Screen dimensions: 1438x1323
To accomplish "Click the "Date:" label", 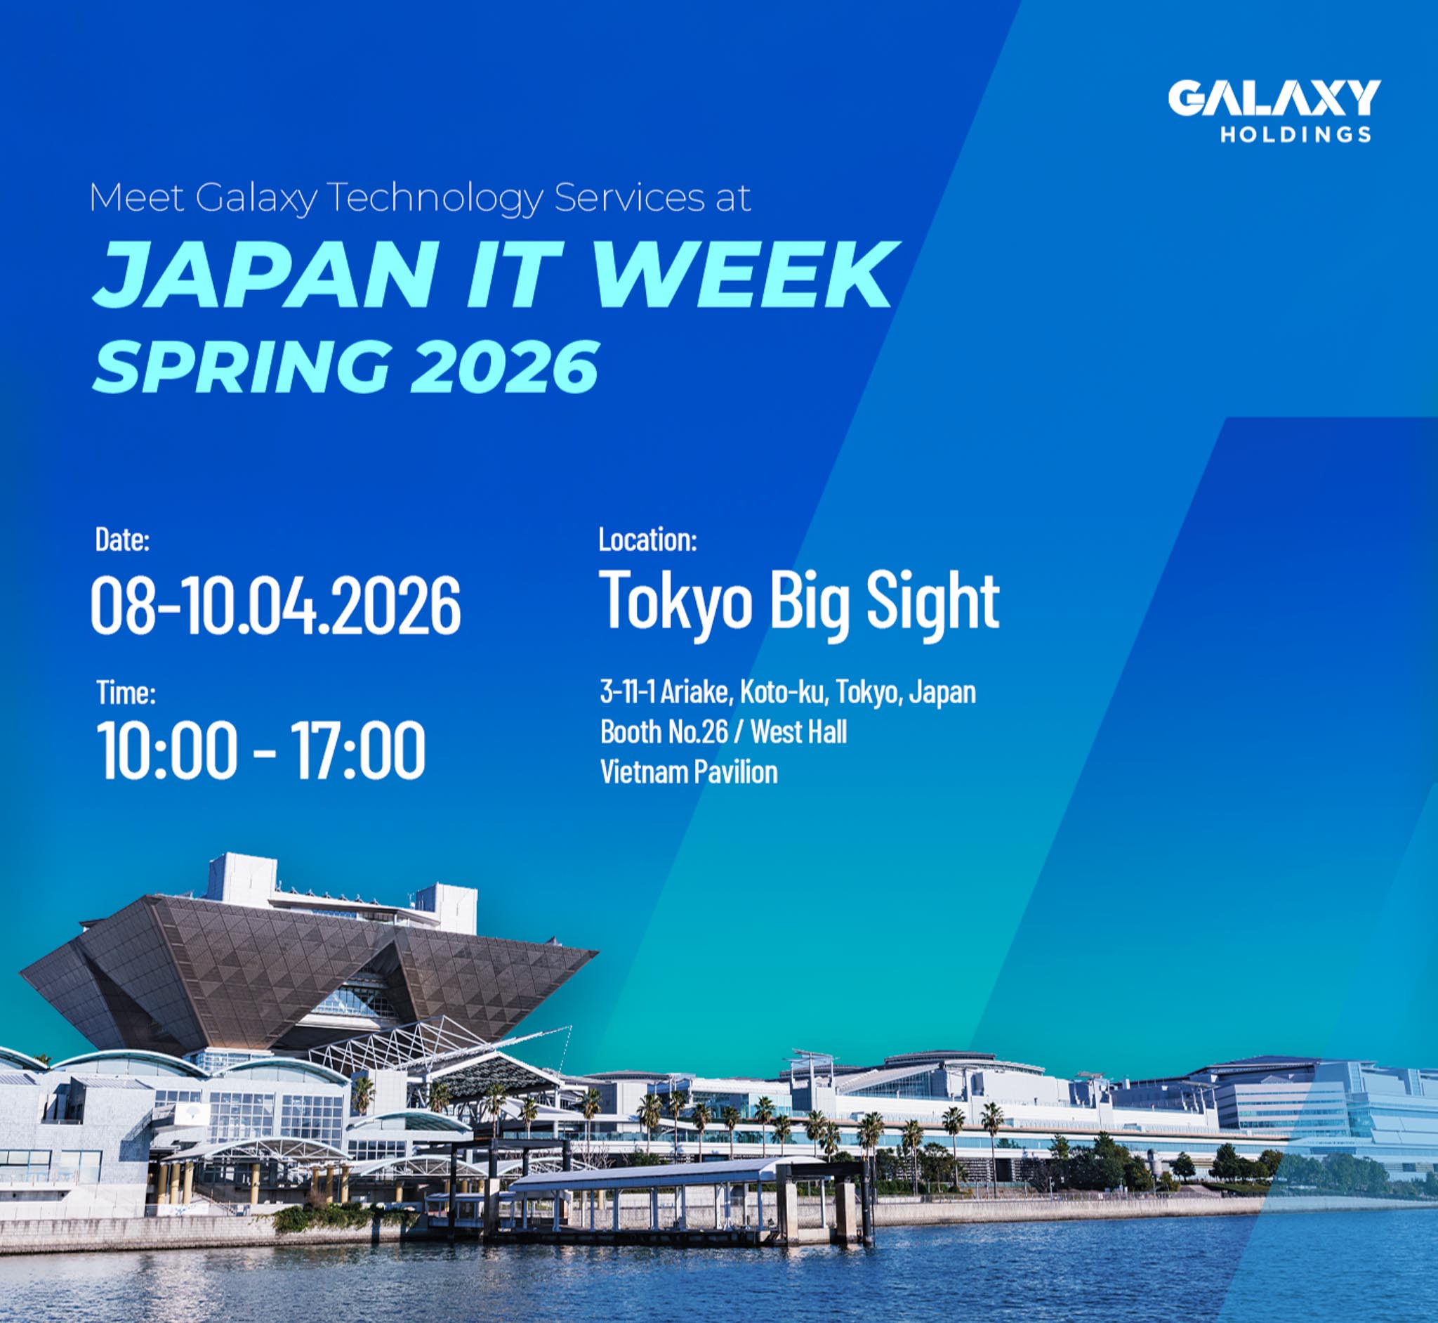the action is (122, 540).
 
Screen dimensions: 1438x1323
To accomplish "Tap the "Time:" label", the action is (126, 692).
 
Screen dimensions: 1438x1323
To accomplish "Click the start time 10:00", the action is (166, 750).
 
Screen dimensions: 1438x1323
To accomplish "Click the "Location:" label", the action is (647, 539).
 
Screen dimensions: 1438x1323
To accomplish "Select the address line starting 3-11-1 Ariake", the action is (788, 692).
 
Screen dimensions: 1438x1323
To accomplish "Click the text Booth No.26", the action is (664, 731).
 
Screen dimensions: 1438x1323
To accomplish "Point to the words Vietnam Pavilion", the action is (688, 771).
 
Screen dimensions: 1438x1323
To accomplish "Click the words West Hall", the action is (798, 731).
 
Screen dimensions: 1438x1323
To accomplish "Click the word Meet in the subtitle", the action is (137, 197).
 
